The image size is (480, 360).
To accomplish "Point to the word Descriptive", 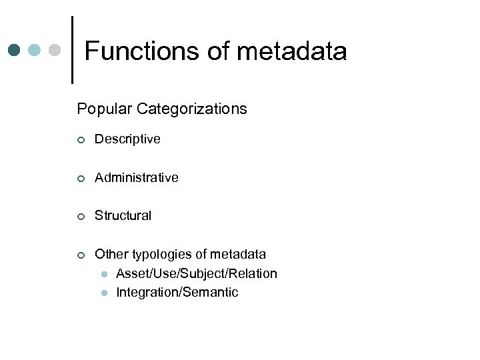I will pyautogui.click(x=127, y=139).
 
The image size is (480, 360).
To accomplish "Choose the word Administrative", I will pyautogui.click(x=137, y=177).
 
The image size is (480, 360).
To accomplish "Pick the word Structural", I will pyautogui.click(x=123, y=215).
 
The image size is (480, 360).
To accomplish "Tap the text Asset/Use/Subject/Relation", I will pyautogui.click(x=197, y=273).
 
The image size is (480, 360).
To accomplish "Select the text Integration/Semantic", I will pyautogui.click(x=177, y=292).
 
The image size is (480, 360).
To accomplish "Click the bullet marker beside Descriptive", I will pyautogui.click(x=80, y=140).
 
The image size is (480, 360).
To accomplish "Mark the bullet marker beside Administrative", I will pyautogui.click(x=80, y=178).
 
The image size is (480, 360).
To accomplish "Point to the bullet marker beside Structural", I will pyautogui.click(x=80, y=216).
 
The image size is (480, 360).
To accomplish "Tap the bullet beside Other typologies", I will pyautogui.click(x=80, y=255).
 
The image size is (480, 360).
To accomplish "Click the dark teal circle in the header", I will pyautogui.click(x=15, y=50).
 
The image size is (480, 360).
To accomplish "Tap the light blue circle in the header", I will pyautogui.click(x=35, y=50).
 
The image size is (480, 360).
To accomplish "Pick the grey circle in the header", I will pyautogui.click(x=55, y=50).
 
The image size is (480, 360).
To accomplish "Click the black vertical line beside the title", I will pyautogui.click(x=72, y=49).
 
